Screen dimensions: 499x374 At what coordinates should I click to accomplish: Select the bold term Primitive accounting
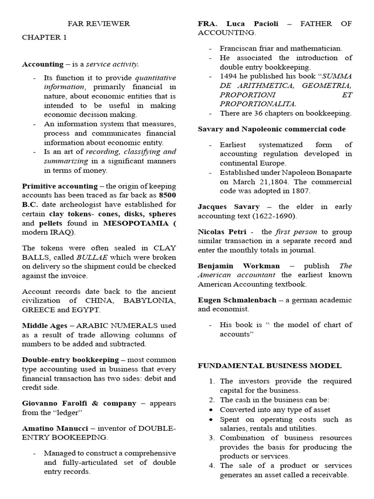[60, 186]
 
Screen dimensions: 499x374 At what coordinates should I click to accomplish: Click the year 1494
[229, 76]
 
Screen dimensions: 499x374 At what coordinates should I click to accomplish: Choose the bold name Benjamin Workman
[239, 266]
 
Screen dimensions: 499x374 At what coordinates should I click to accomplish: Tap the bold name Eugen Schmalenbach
[237, 300]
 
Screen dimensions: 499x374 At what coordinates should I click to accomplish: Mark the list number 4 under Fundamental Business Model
[212, 465]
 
